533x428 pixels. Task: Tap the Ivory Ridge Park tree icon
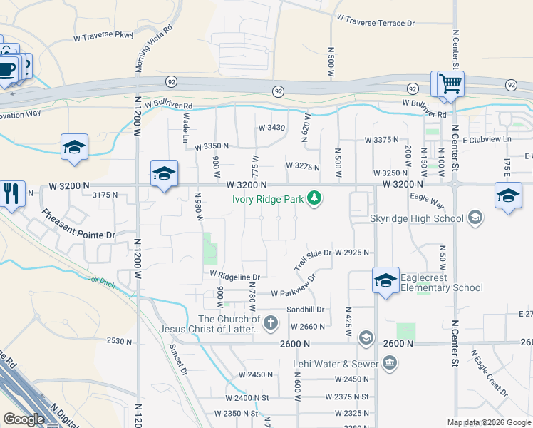[x=314, y=198]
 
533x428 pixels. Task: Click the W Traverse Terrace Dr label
[x=375, y=23]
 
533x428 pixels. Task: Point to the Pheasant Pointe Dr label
[x=78, y=224]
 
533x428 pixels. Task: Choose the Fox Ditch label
[x=100, y=281]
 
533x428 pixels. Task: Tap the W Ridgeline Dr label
[x=234, y=275]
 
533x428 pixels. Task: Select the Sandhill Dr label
[x=306, y=310]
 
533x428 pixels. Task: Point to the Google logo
[x=24, y=419]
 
